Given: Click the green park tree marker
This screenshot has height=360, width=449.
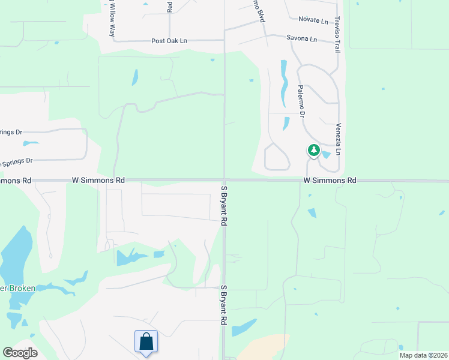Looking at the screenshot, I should tap(313, 150).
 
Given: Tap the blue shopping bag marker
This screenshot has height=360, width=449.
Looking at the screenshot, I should tap(146, 342).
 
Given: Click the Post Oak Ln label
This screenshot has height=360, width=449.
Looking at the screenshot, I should tap(169, 41).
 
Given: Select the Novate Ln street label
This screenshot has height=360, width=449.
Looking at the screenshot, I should tap(313, 21).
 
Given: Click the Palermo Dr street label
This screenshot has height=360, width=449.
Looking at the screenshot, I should tap(301, 97).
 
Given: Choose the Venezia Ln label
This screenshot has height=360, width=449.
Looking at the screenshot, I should tap(339, 139).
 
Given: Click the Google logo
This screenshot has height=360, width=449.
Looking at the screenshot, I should tap(19, 352).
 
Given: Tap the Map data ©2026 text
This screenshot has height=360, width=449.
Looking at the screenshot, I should tap(423, 355).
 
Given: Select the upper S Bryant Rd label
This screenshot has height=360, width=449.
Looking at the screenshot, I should tap(223, 205).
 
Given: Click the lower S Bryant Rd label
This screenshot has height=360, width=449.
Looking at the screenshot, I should tap(223, 305).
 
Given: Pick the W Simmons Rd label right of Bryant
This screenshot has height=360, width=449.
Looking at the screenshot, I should tap(330, 180).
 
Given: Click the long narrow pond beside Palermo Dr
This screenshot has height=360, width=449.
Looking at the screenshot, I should tap(283, 84).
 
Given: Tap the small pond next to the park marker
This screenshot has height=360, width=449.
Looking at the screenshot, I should tap(325, 155).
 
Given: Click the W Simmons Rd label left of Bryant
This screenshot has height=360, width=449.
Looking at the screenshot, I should tap(98, 180).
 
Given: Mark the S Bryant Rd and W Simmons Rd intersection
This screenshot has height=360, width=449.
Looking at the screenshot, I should tap(224, 180).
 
